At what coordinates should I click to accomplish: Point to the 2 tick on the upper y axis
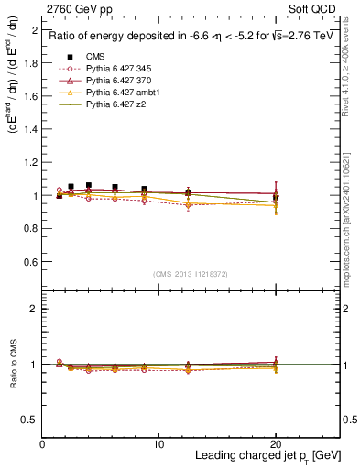pos(34,30)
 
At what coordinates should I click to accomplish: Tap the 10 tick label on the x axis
pos(158,444)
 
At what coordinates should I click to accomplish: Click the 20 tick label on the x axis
pos(276,444)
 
